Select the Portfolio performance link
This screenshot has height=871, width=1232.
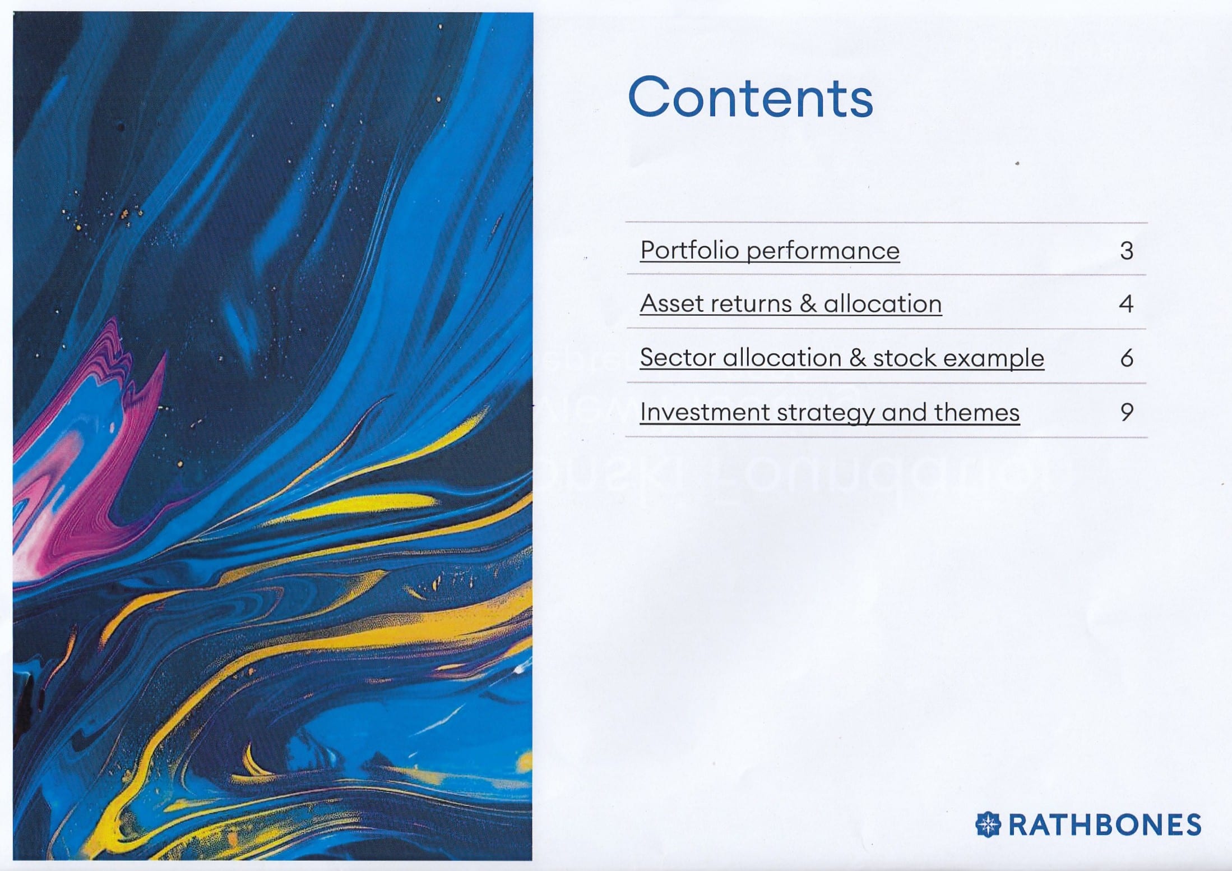pyautogui.click(x=770, y=251)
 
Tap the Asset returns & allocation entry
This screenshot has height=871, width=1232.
pyautogui.click(x=791, y=303)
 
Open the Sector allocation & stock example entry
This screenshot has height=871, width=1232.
pyautogui.click(x=842, y=358)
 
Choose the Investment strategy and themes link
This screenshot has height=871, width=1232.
pyautogui.click(x=830, y=413)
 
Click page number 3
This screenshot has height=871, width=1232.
pyautogui.click(x=1127, y=251)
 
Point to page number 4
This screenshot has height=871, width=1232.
pyautogui.click(x=1127, y=304)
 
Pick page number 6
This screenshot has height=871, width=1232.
pyautogui.click(x=1127, y=358)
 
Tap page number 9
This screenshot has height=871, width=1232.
pyautogui.click(x=1127, y=412)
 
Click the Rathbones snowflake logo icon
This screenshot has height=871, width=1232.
pyautogui.click(x=988, y=824)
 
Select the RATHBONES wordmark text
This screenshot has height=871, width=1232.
pyautogui.click(x=1105, y=825)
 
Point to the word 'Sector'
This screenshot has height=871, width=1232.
pyautogui.click(x=678, y=358)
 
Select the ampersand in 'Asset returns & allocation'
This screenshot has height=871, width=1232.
pyautogui.click(x=808, y=304)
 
